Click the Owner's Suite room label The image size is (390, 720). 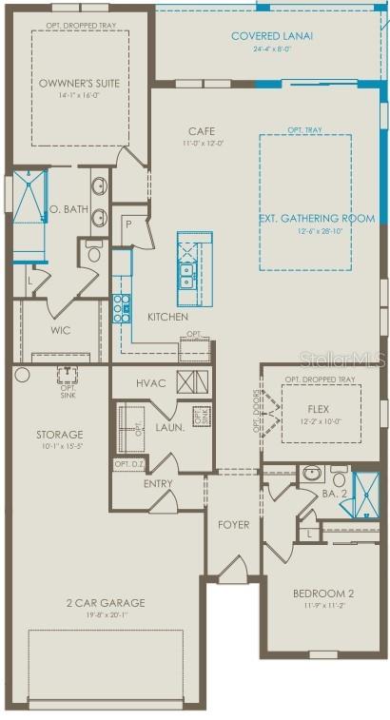pyautogui.click(x=79, y=83)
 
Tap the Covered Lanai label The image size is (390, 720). pyautogui.click(x=272, y=36)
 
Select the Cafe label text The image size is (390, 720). pyautogui.click(x=201, y=131)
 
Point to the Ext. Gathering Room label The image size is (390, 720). pyautogui.click(x=317, y=218)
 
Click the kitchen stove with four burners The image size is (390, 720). pyautogui.click(x=122, y=308)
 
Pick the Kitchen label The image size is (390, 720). pyautogui.click(x=167, y=317)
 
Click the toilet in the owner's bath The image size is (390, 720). pyautogui.click(x=93, y=252)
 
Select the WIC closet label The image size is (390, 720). pyautogui.click(x=60, y=331)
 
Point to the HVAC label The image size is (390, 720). pyautogui.click(x=150, y=383)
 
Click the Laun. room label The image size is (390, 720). pyautogui.click(x=169, y=428)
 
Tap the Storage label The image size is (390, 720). pyautogui.click(x=60, y=435)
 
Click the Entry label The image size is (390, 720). pyautogui.click(x=158, y=483)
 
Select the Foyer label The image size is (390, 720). pyautogui.click(x=234, y=524)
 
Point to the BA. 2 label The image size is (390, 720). pyautogui.click(x=334, y=494)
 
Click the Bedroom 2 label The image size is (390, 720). pyautogui.click(x=322, y=594)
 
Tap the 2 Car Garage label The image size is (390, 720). pyautogui.click(x=106, y=602)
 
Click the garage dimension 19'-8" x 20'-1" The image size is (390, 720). pyautogui.click(x=106, y=614)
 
